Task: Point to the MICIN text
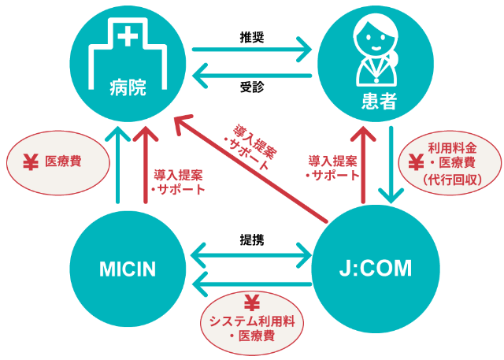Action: [128, 269]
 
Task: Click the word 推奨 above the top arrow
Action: [251, 35]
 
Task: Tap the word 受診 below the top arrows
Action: [251, 87]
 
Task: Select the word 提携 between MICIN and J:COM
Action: [251, 239]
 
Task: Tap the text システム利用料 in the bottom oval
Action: [252, 321]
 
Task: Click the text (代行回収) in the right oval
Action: [448, 180]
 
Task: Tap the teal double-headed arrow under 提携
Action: [251, 254]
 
